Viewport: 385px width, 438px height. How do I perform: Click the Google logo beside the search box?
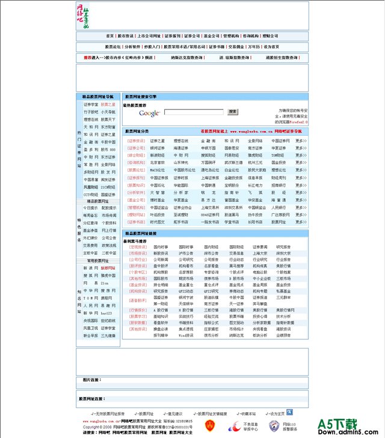coord(149,113)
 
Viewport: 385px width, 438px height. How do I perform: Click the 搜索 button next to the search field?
coord(233,112)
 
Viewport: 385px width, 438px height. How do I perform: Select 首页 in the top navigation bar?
coord(109,36)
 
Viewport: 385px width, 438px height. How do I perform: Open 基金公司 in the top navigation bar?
coord(211,36)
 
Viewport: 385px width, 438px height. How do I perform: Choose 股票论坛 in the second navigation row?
coord(113,46)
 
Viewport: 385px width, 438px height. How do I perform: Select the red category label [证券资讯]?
coord(136,141)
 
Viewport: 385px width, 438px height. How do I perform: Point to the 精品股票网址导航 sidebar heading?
coord(97,96)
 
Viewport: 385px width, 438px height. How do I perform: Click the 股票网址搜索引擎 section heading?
coord(140,96)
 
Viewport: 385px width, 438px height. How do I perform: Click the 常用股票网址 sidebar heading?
coord(97,261)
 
